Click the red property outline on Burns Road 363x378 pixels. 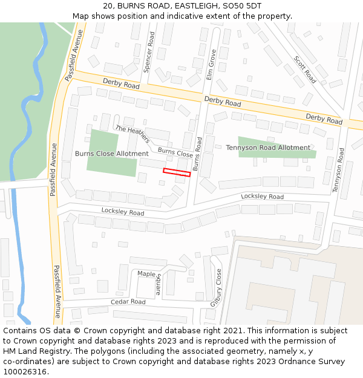tap(177, 172)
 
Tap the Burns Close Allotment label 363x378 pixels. tap(111, 154)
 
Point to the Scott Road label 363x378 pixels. tap(305, 70)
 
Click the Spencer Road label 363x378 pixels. tap(151, 52)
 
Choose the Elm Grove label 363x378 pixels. tap(211, 65)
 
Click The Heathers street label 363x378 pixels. tap(132, 134)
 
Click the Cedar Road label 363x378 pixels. tap(128, 302)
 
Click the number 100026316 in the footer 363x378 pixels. tap(25, 372)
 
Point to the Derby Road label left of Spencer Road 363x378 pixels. tap(121, 83)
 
